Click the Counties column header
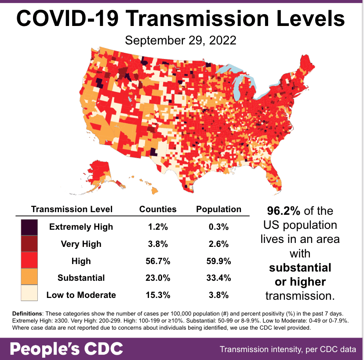click(x=158, y=209)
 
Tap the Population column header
click(x=218, y=209)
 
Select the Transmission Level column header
click(x=72, y=209)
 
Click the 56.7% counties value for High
click(x=158, y=261)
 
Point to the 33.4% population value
click(x=218, y=278)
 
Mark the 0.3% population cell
click(x=218, y=227)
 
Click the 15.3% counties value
click(x=158, y=295)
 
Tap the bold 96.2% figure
click(x=284, y=211)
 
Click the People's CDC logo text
click(x=66, y=349)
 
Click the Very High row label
click(x=81, y=244)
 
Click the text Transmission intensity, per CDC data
click(x=288, y=350)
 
